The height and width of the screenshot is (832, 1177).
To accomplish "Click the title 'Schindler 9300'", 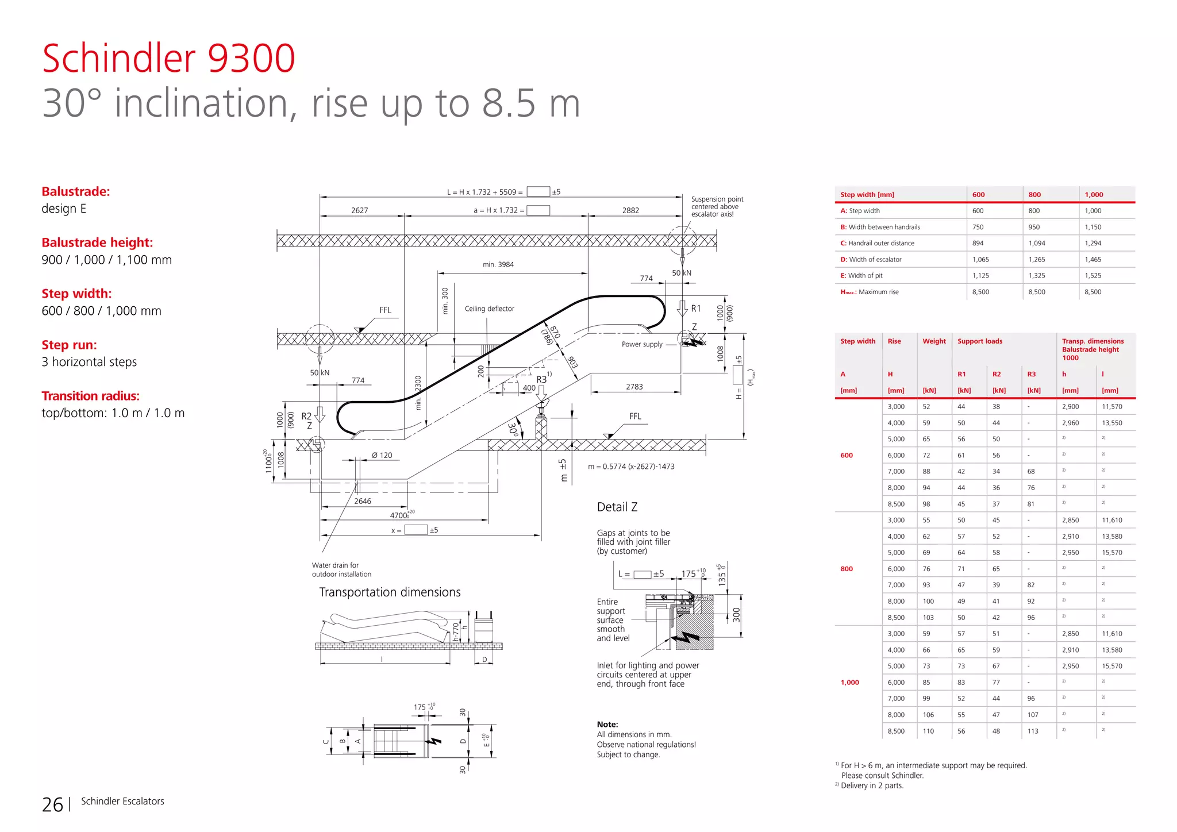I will [168, 59].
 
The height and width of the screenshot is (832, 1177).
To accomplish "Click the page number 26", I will [52, 804].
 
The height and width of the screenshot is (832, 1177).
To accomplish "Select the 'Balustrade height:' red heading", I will [97, 242].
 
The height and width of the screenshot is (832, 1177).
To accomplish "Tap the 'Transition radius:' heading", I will [90, 396].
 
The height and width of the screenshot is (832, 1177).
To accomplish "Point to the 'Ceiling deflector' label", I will [489, 309].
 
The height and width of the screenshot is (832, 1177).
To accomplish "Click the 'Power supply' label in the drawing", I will [642, 344].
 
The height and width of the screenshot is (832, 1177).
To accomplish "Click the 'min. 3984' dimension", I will [498, 265].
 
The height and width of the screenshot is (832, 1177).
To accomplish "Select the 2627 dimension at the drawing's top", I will [360, 210].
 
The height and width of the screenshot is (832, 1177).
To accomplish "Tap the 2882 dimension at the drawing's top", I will [630, 210].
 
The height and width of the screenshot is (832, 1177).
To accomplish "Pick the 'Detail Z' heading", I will [617, 507].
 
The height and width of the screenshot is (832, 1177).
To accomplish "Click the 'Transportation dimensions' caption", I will [390, 592].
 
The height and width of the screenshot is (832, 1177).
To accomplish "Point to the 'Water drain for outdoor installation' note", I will [341, 569].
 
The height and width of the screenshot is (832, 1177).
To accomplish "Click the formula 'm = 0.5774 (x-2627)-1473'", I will [631, 467].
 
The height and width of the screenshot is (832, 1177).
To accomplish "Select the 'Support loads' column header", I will [979, 341].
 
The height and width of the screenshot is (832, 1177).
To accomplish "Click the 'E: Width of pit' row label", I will [866, 276].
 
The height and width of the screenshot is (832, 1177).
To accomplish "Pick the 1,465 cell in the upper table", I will [1093, 260].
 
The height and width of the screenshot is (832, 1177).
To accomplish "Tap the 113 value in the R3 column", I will [1033, 731].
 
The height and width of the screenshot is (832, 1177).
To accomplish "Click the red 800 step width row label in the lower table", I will [847, 569].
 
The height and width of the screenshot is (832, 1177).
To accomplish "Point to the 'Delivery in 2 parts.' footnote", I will [872, 785].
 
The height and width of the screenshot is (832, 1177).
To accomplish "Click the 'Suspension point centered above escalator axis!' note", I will [717, 207].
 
